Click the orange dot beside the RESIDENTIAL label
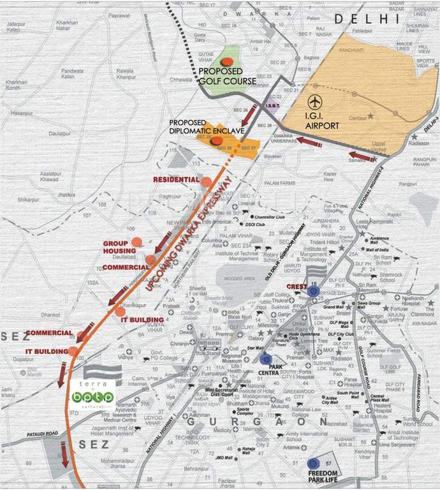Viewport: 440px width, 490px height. click(x=206, y=181)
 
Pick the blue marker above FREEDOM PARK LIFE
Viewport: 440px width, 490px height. click(x=313, y=464)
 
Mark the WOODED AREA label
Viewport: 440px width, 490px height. click(x=239, y=278)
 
